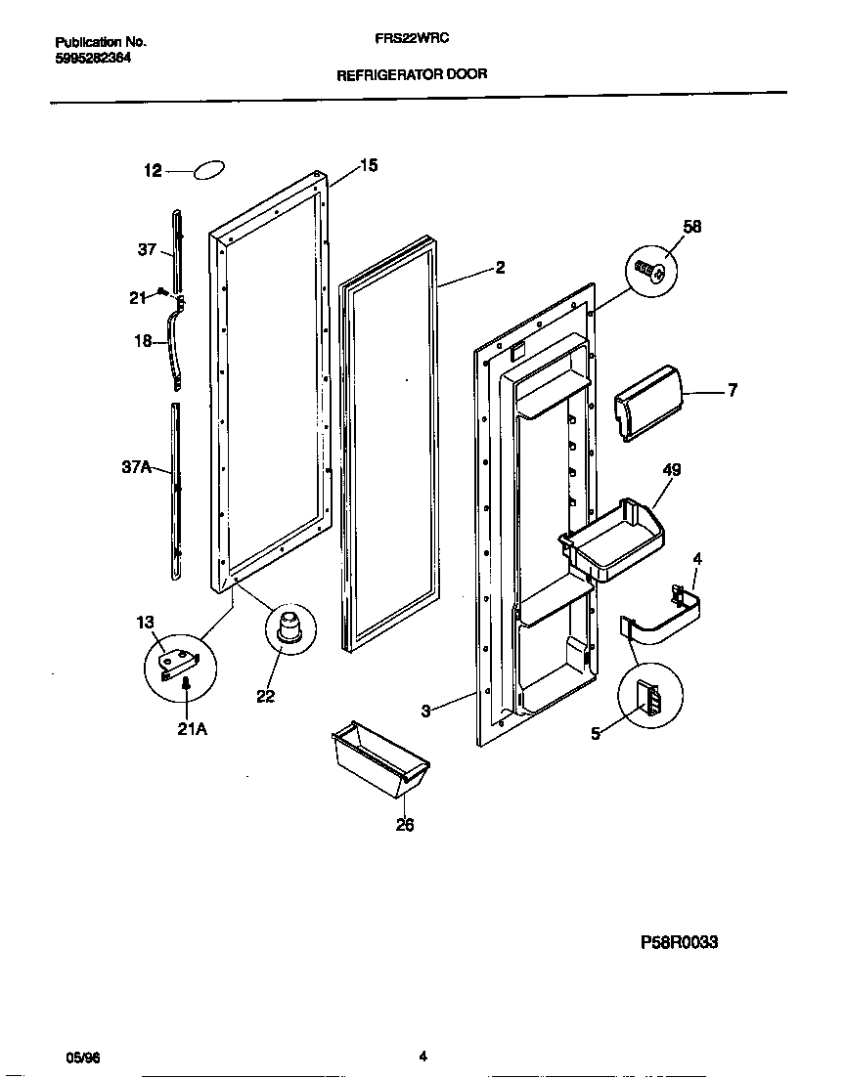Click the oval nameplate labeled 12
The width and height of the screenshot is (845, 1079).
(210, 171)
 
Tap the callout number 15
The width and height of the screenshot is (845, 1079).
(368, 165)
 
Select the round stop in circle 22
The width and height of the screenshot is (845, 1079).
(289, 623)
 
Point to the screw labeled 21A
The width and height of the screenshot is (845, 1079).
(185, 690)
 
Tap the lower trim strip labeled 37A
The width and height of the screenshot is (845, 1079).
(176, 489)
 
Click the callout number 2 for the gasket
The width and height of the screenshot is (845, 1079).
(500, 267)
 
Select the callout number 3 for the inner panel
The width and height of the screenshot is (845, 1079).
(425, 712)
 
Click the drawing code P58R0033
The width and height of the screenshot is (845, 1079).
(679, 942)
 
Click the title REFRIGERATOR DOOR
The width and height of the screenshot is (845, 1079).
(412, 73)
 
